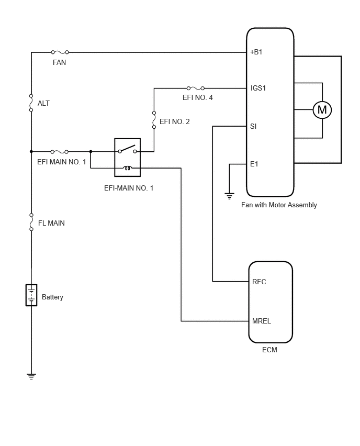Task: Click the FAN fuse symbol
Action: pyautogui.click(x=60, y=52)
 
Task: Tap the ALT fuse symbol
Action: pyautogui.click(x=31, y=103)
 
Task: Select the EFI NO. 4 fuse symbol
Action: pyautogui.click(x=195, y=88)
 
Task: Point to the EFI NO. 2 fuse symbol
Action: pyautogui.click(x=154, y=120)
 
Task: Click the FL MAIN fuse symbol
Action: pyautogui.click(x=31, y=222)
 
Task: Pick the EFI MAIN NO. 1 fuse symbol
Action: pyautogui.click(x=59, y=152)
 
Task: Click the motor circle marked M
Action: pyautogui.click(x=322, y=110)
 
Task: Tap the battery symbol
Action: pyautogui.click(x=31, y=295)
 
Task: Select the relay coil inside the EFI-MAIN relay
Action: pyautogui.click(x=127, y=168)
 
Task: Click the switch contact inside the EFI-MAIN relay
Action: pyautogui.click(x=127, y=149)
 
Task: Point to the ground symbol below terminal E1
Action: pyautogui.click(x=229, y=196)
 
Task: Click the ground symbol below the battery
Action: pyautogui.click(x=31, y=376)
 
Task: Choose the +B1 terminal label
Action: pyautogui.click(x=256, y=52)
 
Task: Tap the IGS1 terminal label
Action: pyautogui.click(x=258, y=88)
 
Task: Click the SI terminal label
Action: pyautogui.click(x=253, y=126)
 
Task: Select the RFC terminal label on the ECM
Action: pyautogui.click(x=259, y=282)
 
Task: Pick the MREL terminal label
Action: pyautogui.click(x=262, y=321)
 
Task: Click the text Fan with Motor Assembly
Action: pyautogui.click(x=279, y=205)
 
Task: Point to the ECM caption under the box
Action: pyautogui.click(x=269, y=350)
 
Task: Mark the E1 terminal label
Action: pyautogui.click(x=254, y=164)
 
